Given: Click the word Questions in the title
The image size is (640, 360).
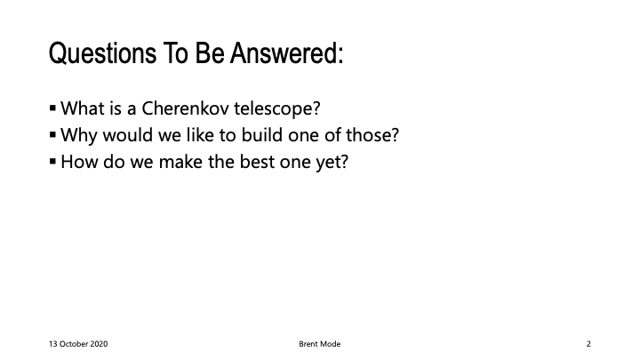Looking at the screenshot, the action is point(102,53).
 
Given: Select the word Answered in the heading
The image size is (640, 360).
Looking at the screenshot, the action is point(286,53).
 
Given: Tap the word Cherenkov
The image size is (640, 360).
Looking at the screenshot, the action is point(185,108).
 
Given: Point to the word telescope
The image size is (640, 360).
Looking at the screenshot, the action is point(276,109).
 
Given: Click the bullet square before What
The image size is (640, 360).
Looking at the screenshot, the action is point(52,108).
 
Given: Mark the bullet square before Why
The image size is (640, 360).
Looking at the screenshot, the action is point(52,135).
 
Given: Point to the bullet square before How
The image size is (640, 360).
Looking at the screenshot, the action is point(52,161).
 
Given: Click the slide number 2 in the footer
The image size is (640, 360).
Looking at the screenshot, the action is point(588,344).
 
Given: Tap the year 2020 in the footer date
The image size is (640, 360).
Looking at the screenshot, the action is point(99,344).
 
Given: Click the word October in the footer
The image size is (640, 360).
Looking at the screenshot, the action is point(74,344).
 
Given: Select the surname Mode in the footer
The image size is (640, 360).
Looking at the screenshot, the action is point(331,344).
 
